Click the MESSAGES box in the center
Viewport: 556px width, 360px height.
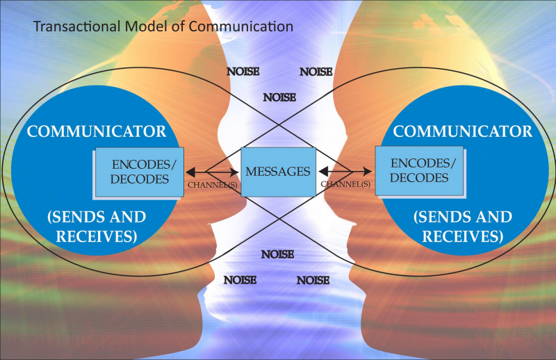278,171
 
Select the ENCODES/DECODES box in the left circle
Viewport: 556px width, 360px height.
140,172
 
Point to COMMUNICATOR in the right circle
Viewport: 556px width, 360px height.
462,131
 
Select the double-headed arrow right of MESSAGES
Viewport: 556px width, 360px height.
345,171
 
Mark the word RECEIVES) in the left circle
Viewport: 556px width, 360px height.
97,236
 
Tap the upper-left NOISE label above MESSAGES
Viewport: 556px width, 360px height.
244,72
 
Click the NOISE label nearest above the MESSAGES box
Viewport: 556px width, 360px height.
279,98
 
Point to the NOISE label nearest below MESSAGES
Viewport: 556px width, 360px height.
277,254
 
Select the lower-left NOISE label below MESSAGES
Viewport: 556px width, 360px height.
240,280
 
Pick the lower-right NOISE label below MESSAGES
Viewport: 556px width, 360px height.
313,280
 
